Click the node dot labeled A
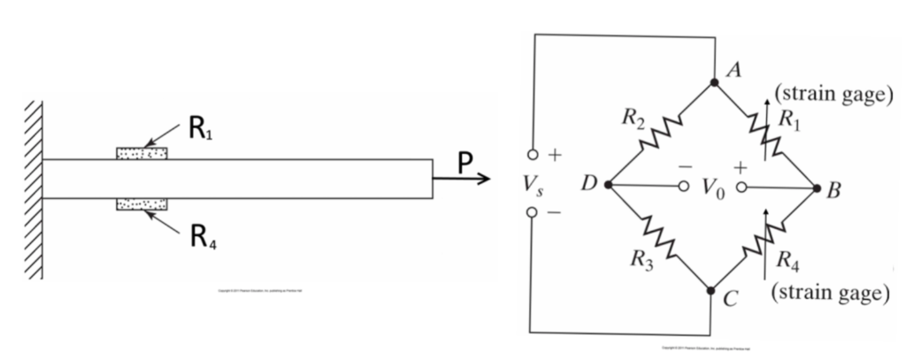pos(714,82)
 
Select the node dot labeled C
pos(712,289)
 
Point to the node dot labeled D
pos(609,186)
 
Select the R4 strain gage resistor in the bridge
pos(763,238)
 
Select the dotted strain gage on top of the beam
pos(142,153)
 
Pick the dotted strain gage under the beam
pos(142,205)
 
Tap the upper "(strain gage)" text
pos(831,95)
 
